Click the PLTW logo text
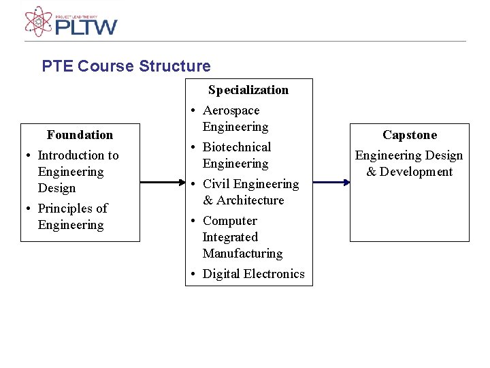[x=86, y=27]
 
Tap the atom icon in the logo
[x=38, y=21]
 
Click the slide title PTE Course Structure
[x=126, y=66]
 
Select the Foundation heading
[x=80, y=135]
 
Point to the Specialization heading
[x=248, y=90]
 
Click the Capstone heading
[x=410, y=135]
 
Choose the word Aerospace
[x=231, y=110]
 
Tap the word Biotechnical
[x=237, y=147]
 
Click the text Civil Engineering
[x=250, y=184]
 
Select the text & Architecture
[x=243, y=200]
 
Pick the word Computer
[x=230, y=221]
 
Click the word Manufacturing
[x=242, y=254]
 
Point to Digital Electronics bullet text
[x=253, y=274]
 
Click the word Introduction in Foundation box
[x=69, y=155]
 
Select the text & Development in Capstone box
[x=409, y=172]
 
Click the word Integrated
[x=230, y=237]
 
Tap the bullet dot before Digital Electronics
[x=194, y=275]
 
